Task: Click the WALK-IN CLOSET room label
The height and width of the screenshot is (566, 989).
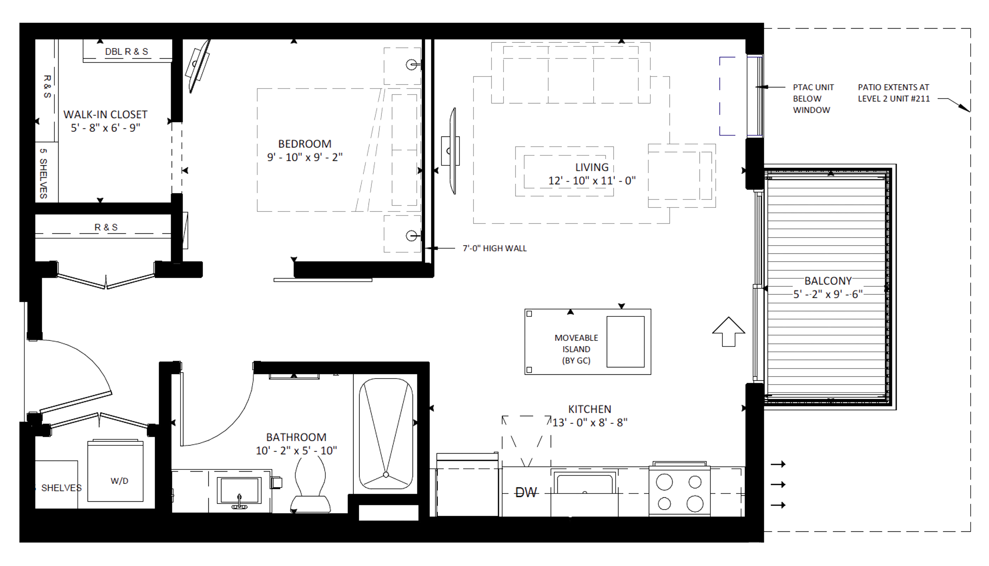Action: pos(105,114)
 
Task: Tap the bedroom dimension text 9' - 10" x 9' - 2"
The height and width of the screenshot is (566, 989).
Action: pos(305,157)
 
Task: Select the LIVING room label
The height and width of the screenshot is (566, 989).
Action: pos(592,167)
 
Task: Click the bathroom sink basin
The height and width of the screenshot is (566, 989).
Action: pos(239,491)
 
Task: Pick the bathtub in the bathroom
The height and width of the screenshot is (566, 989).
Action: pos(386,433)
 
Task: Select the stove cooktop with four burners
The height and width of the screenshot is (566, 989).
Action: pos(680,492)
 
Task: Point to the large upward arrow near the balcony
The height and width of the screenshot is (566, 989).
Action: pos(728,332)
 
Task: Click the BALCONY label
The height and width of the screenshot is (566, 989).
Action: pos(828,281)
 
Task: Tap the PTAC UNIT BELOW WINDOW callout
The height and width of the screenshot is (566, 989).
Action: pos(813,98)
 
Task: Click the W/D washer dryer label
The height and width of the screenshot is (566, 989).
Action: pos(119,481)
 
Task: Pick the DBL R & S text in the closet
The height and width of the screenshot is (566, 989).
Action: pos(126,51)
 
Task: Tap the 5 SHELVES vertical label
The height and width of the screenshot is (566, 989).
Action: pos(43,173)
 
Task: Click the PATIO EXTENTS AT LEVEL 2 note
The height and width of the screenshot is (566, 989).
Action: pos(894,93)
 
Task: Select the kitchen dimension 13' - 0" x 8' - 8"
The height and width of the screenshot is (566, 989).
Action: pos(590,422)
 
